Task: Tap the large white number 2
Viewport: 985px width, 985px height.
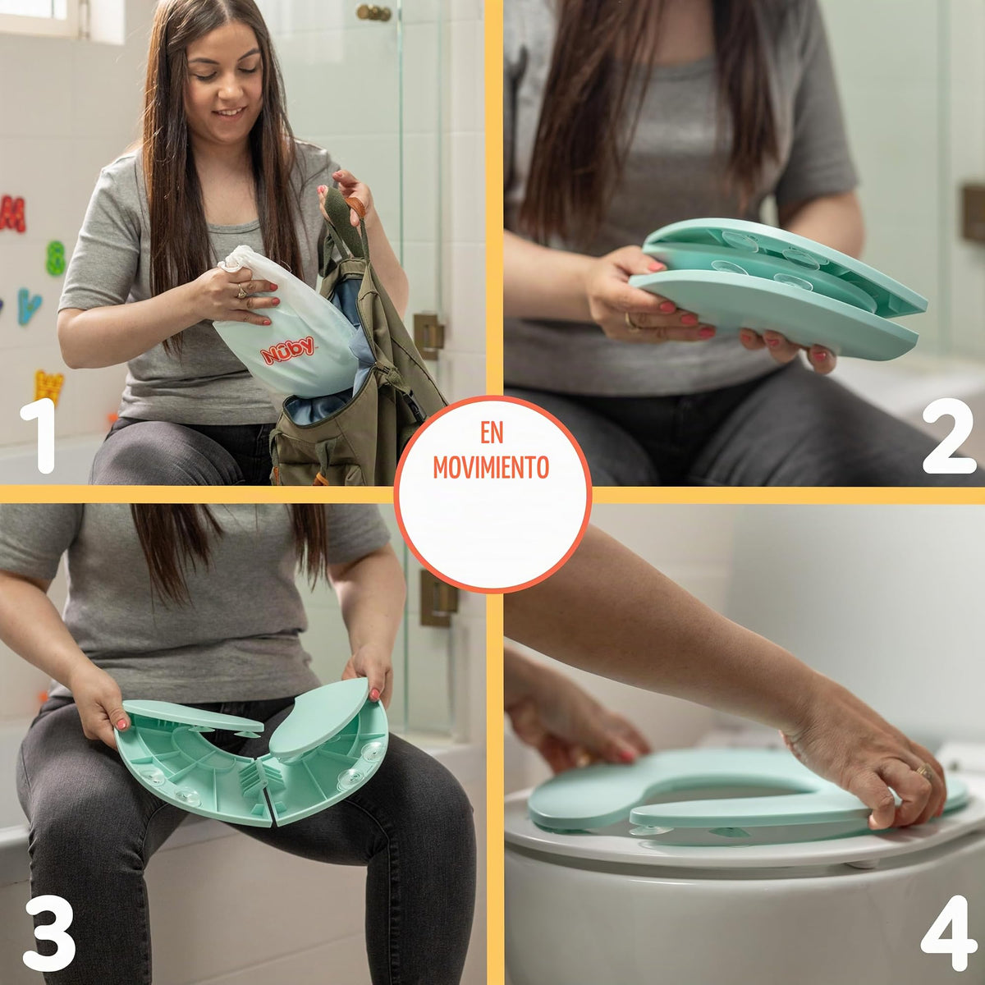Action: point(949,436)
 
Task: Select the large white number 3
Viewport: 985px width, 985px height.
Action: point(49,932)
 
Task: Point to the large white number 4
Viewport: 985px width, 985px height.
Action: point(949,932)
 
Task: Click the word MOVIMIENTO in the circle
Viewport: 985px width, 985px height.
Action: point(491,467)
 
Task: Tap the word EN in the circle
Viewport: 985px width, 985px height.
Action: point(492,433)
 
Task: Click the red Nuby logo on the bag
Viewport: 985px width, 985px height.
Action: point(288,350)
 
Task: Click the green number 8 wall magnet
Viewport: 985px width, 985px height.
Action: point(56,258)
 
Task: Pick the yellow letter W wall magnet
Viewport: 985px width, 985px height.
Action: point(49,386)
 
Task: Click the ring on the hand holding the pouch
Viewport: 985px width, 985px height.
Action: point(241,291)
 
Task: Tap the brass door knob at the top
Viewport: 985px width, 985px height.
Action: point(374,13)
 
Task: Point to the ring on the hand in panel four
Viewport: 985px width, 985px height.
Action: point(923,770)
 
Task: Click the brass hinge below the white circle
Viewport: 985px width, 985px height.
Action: point(438,598)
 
